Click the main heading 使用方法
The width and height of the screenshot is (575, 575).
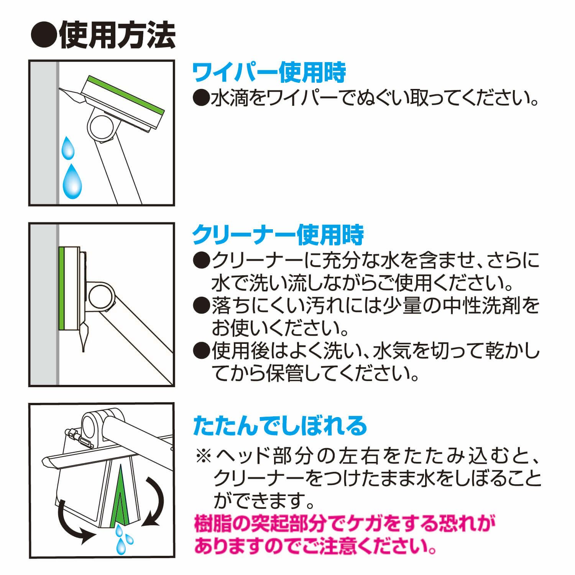tap(117, 36)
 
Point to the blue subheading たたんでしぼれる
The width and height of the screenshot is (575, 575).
tap(280, 424)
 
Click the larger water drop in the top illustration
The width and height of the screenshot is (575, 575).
tap(72, 180)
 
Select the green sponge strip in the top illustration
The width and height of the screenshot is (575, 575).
tap(126, 94)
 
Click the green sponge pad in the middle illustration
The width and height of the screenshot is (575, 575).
tap(62, 288)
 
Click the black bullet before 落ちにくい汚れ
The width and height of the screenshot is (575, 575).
tap(201, 306)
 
